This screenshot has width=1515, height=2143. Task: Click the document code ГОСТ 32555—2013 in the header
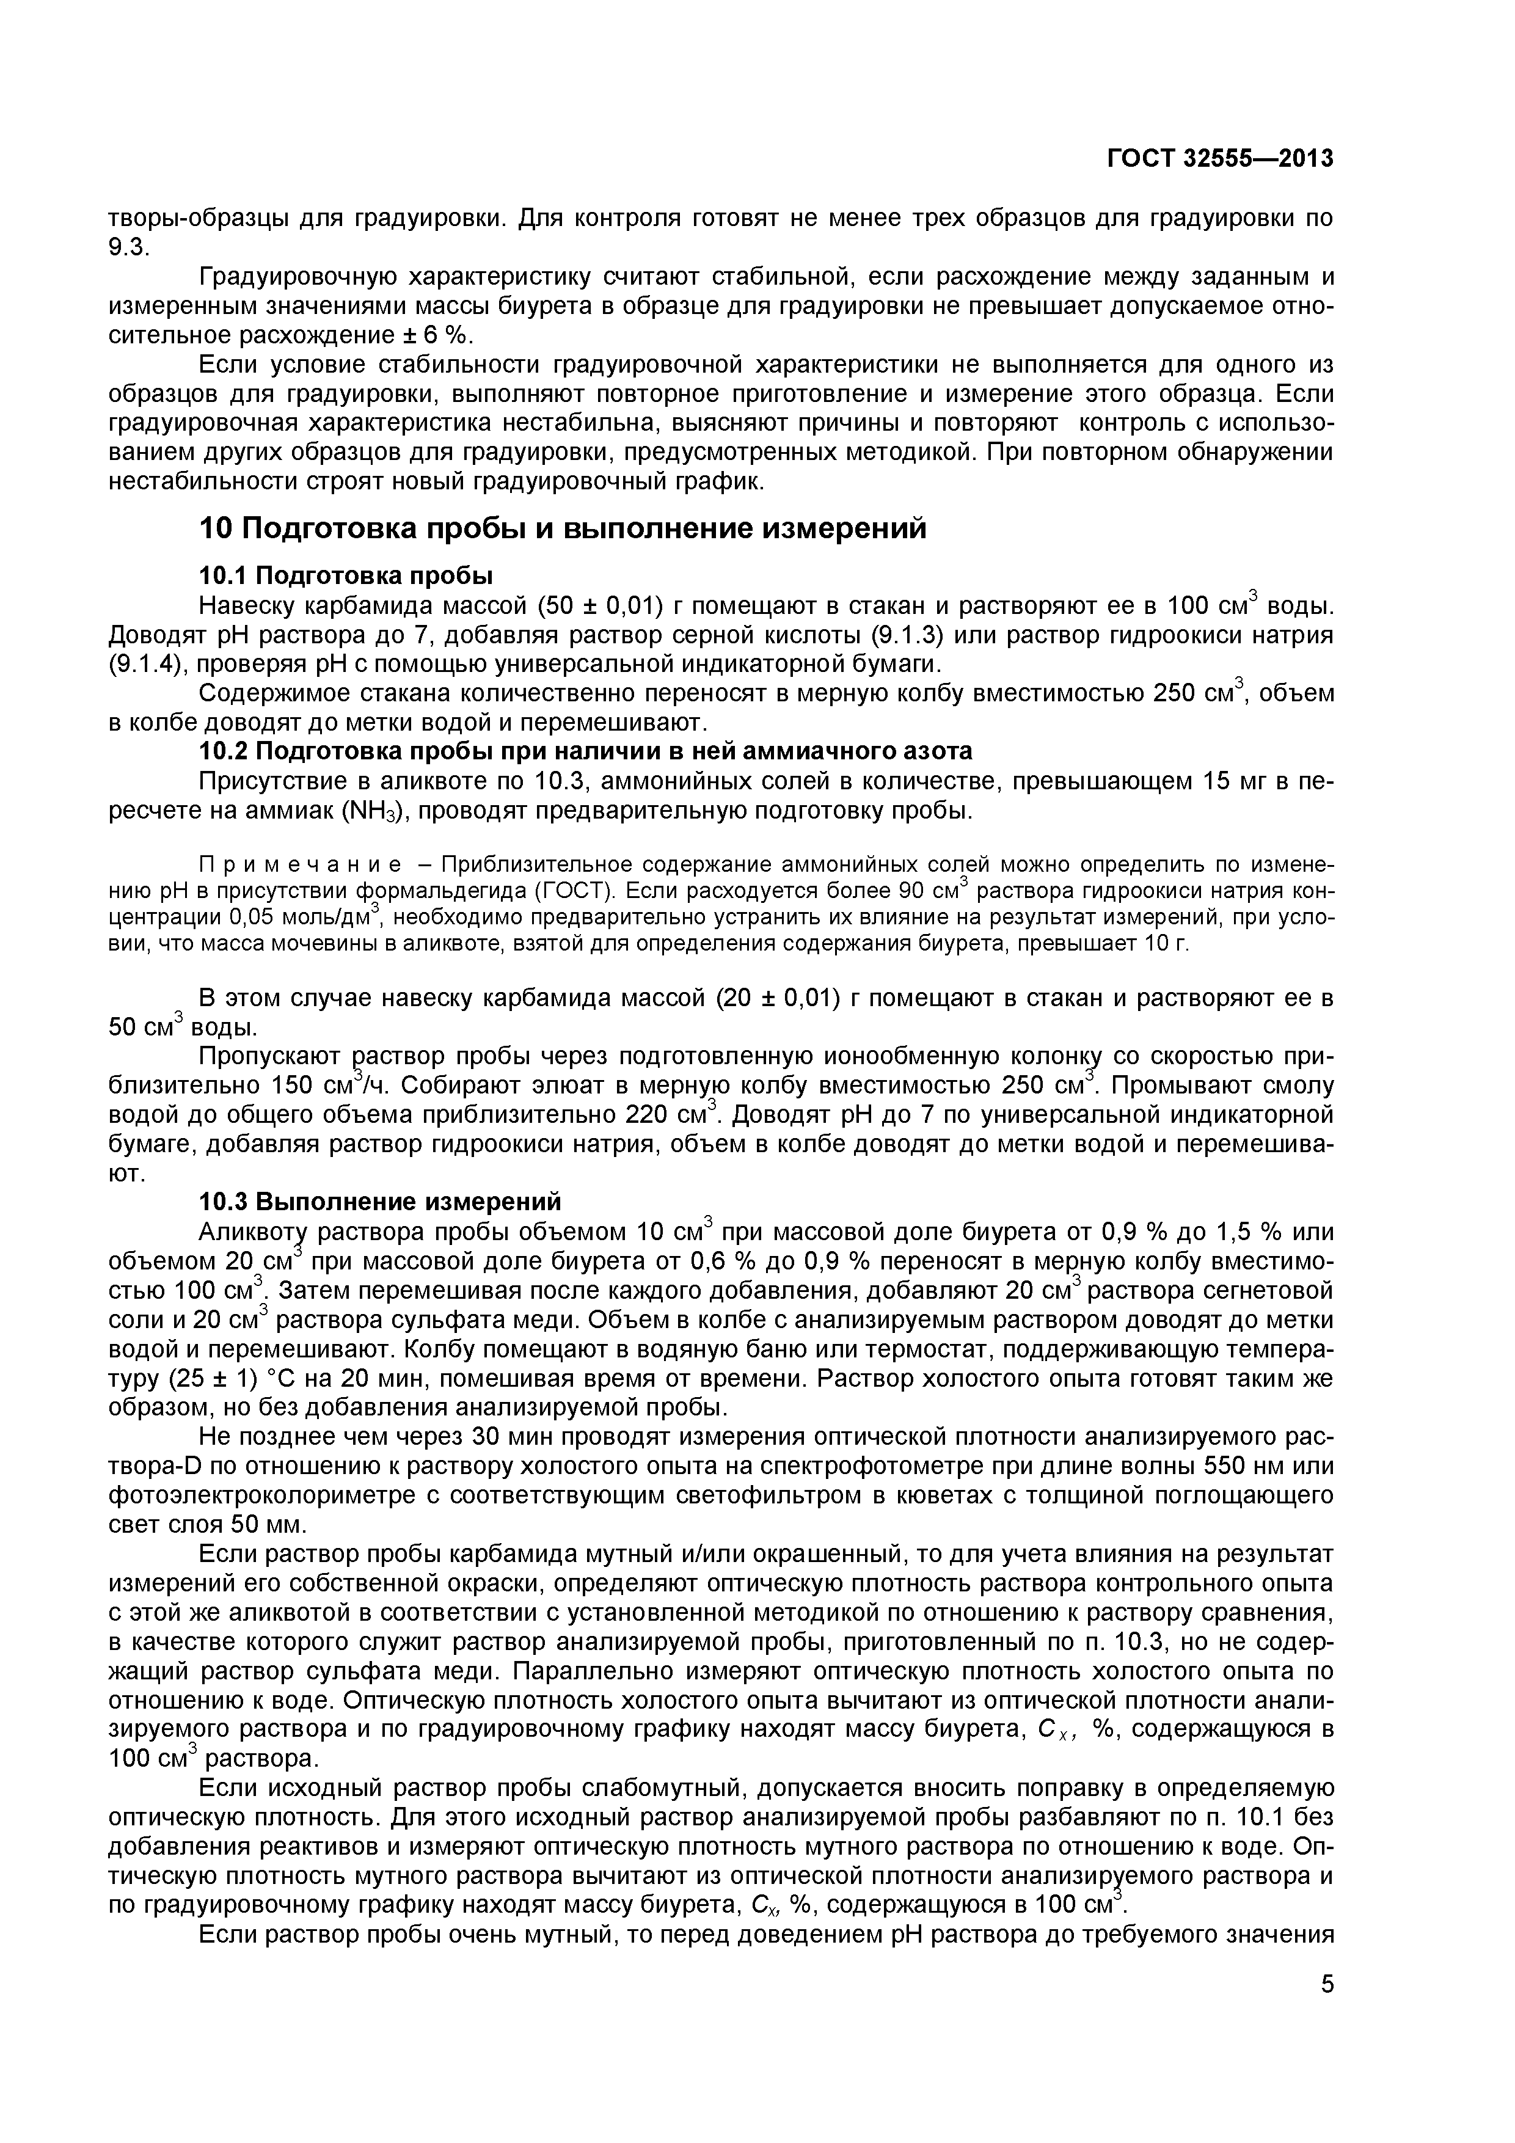click(x=1220, y=159)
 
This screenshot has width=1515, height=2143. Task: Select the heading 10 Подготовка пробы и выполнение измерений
click(x=564, y=529)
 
